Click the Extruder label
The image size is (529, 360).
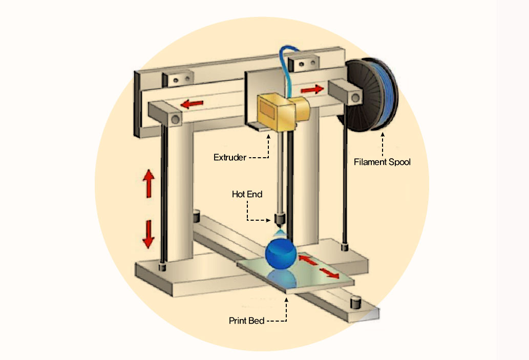click(x=230, y=157)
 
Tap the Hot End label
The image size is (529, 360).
click(x=247, y=194)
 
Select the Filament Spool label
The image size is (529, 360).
click(x=382, y=162)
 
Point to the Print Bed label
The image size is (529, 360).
click(x=246, y=321)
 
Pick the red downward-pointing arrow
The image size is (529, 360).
click(x=149, y=234)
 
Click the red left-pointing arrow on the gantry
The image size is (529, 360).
click(x=193, y=104)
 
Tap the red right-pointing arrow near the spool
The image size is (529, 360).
click(x=312, y=90)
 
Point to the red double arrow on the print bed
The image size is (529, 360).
click(x=319, y=266)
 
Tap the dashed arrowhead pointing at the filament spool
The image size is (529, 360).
click(x=382, y=134)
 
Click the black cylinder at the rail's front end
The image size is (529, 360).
click(x=354, y=301)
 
